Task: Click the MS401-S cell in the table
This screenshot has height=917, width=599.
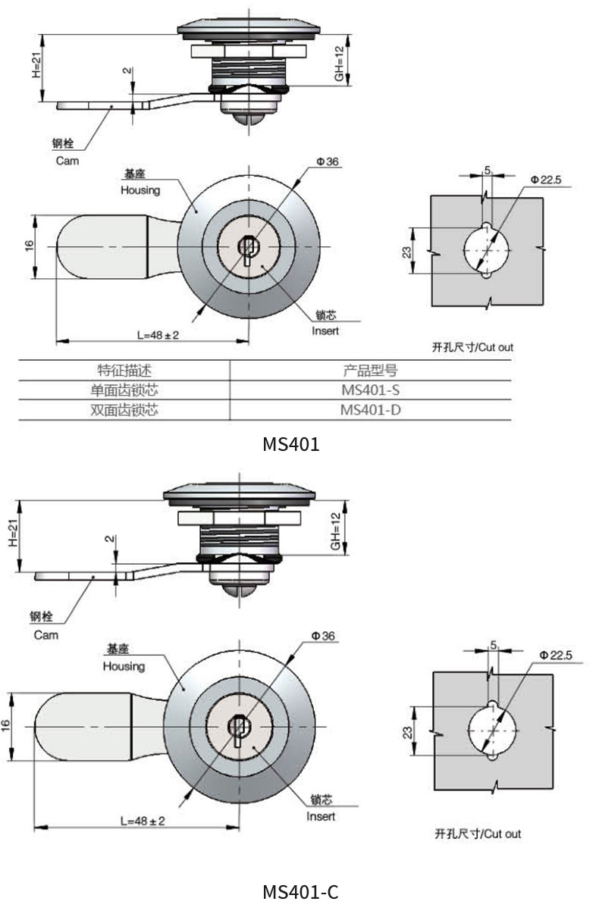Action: (370, 390)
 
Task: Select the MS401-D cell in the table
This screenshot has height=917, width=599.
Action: (370, 410)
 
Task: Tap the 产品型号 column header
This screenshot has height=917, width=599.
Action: (370, 371)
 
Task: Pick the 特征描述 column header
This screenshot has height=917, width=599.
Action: (124, 371)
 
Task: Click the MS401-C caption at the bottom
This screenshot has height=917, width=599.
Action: (300, 892)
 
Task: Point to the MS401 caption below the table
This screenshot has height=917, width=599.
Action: (291, 444)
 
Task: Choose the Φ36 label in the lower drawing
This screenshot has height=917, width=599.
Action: (323, 636)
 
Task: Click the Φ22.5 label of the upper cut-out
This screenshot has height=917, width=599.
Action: (546, 180)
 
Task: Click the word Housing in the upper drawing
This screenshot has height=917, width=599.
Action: (140, 191)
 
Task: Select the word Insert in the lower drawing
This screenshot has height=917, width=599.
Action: (321, 816)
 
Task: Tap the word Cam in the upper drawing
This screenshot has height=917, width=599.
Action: (67, 161)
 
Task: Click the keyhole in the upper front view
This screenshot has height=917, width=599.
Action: (247, 247)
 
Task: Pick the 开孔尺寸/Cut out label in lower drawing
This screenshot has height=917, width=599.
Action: (478, 834)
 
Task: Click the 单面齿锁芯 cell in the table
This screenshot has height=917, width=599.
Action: (124, 390)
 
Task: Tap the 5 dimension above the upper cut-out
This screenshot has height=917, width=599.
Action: (487, 170)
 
